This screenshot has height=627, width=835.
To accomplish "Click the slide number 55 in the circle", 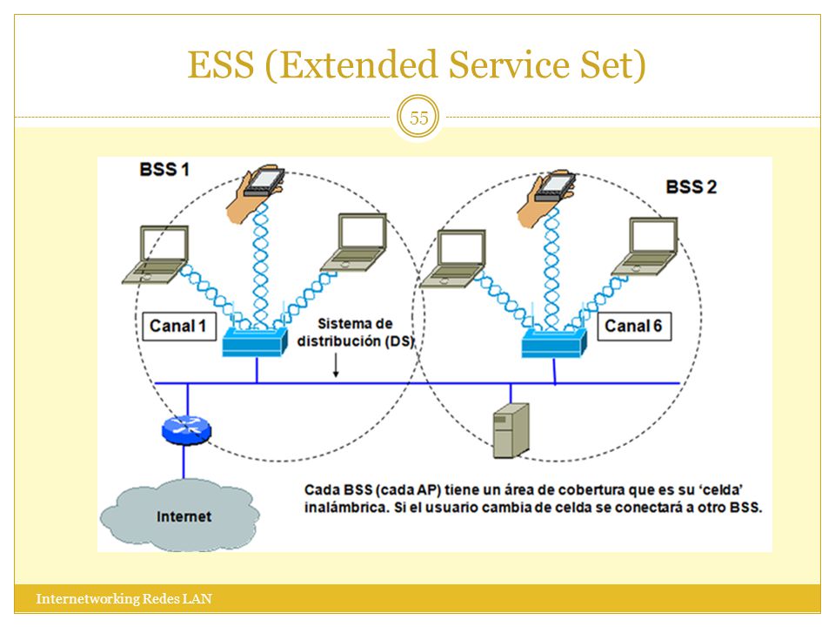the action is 418,118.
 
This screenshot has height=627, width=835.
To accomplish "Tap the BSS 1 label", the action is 164,170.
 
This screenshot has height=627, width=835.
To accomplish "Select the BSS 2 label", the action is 691,187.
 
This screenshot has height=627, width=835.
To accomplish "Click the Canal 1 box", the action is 179,327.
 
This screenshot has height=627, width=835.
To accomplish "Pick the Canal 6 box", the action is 634,327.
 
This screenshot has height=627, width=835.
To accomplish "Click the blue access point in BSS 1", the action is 255,340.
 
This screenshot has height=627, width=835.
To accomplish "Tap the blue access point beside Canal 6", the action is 554,341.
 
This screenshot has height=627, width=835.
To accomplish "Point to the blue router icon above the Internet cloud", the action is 186,429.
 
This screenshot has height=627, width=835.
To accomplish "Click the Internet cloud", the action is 180,514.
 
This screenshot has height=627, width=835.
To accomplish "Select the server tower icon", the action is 511,431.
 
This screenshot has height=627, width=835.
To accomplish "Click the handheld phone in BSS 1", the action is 255,194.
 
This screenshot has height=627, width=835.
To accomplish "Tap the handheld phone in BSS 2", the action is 546,198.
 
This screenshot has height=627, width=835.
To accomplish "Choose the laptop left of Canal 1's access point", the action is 156,254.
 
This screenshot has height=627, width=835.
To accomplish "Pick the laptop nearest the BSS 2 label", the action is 645,246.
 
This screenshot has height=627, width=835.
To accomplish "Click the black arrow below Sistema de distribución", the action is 336,365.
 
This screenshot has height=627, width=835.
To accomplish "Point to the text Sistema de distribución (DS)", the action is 356,332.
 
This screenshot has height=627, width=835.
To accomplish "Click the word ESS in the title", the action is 221,65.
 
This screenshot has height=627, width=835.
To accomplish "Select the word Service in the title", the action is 509,65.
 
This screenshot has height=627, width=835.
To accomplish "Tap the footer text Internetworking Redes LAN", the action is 124,599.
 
